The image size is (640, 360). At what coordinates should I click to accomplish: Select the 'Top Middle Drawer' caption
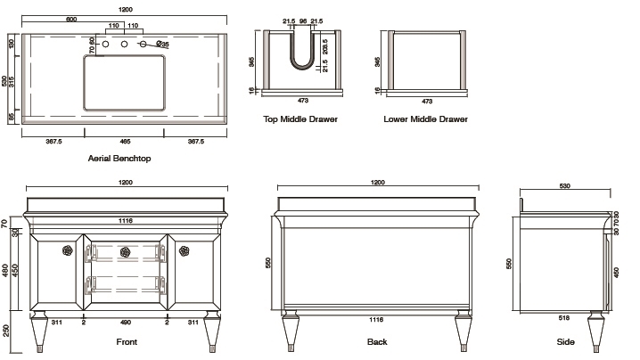[x=299, y=119]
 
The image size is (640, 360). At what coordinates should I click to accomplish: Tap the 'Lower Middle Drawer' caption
[x=425, y=119]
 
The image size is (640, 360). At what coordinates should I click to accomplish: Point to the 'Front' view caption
[x=126, y=342]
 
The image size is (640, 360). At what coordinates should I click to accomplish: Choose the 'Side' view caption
[x=565, y=342]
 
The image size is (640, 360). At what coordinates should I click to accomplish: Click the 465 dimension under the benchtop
[x=125, y=141]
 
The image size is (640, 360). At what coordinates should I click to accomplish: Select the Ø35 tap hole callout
[x=163, y=44]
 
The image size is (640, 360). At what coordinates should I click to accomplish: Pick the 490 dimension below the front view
[x=126, y=323]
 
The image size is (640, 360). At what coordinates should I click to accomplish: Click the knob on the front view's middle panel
[x=126, y=251]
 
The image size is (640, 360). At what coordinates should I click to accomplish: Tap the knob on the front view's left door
[x=66, y=251]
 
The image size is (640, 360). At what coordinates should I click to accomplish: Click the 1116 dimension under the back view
[x=376, y=317]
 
